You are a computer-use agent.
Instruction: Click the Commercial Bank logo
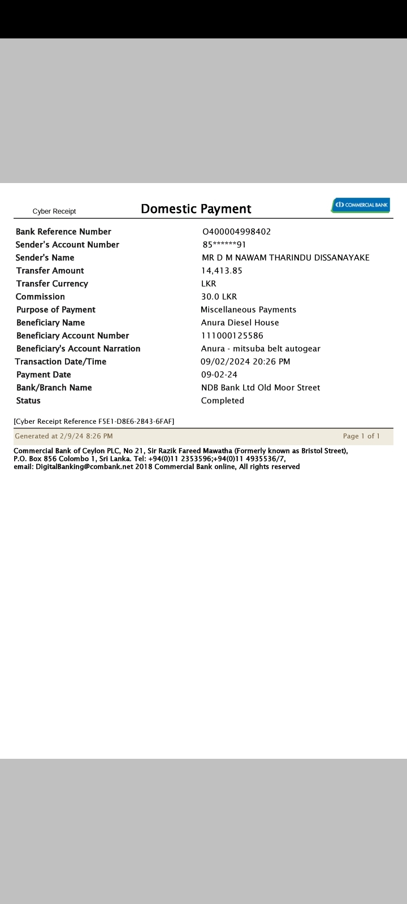361,205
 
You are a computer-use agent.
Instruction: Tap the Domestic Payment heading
196,209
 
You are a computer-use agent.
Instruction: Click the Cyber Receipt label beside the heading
54,211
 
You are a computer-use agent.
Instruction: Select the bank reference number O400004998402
236,232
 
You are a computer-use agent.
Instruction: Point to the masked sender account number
224,245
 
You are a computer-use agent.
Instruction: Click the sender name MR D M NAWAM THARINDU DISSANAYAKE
285,258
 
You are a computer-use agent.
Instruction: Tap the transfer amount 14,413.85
222,271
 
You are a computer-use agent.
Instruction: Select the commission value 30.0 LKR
219,297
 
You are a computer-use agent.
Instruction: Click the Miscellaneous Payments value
248,310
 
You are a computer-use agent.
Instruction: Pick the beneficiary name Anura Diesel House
240,323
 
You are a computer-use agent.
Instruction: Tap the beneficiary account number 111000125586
232,336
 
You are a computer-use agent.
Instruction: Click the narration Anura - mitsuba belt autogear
261,349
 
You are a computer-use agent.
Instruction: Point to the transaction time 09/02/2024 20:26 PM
245,362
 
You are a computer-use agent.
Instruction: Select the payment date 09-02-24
219,375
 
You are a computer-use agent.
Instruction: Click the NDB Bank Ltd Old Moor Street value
261,388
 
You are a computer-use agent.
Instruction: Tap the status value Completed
223,401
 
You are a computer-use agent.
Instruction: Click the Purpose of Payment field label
56,310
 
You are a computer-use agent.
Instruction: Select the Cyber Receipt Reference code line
94,421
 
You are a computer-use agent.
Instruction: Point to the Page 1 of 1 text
361,436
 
